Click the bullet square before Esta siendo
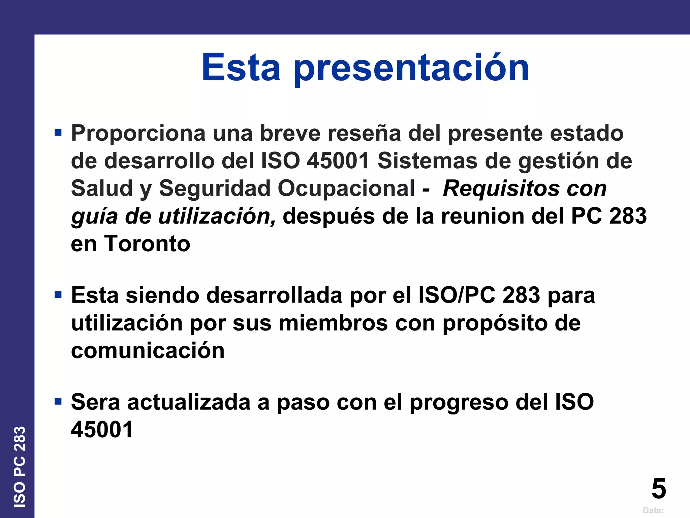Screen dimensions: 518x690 coord(58,295)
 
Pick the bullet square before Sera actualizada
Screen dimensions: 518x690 coord(58,401)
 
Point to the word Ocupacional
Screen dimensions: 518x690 coord(346,188)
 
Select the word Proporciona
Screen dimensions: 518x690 coord(138,133)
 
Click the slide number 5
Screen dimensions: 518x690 coord(659,489)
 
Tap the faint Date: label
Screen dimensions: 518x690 coord(653,511)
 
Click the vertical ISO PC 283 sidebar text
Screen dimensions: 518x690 coord(20,467)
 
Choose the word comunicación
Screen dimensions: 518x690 coord(148,351)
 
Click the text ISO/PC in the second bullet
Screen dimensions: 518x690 coord(457,295)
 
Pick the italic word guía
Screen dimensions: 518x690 coord(94,217)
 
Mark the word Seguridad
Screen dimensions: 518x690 coord(215,188)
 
